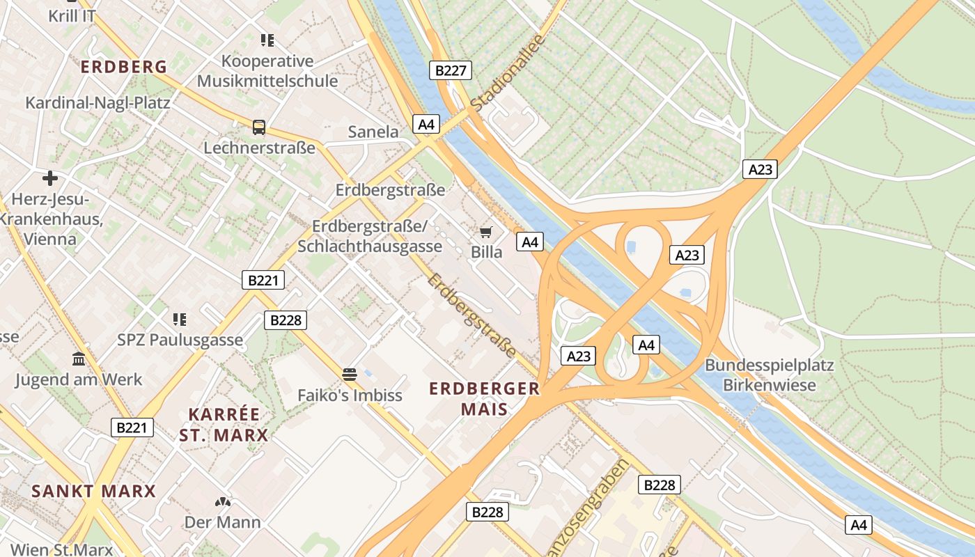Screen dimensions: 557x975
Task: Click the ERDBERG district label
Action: point(124,67)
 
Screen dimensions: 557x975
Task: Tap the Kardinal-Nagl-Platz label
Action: point(97,103)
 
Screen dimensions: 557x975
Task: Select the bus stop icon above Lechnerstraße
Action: point(259,127)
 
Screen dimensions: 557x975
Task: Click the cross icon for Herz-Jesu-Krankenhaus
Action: point(50,178)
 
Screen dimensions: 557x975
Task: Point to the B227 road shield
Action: point(450,70)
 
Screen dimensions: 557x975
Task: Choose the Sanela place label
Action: point(373,132)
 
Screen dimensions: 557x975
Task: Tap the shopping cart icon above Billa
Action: point(486,232)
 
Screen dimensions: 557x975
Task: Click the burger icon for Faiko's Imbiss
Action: point(350,375)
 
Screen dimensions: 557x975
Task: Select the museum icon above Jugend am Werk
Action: point(79,359)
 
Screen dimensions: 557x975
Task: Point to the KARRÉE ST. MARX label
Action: point(224,425)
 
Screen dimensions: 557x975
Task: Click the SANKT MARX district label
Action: point(93,491)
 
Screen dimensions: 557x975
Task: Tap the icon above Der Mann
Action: point(222,502)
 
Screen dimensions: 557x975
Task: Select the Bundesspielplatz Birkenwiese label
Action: point(769,375)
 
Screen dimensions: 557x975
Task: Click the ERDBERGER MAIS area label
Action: point(484,398)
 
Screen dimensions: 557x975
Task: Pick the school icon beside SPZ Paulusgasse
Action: point(180,320)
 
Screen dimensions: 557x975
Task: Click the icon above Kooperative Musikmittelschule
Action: point(267,40)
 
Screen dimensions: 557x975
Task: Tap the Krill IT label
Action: point(72,15)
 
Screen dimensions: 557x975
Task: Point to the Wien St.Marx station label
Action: point(63,549)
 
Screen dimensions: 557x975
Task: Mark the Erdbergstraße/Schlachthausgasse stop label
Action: point(370,237)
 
